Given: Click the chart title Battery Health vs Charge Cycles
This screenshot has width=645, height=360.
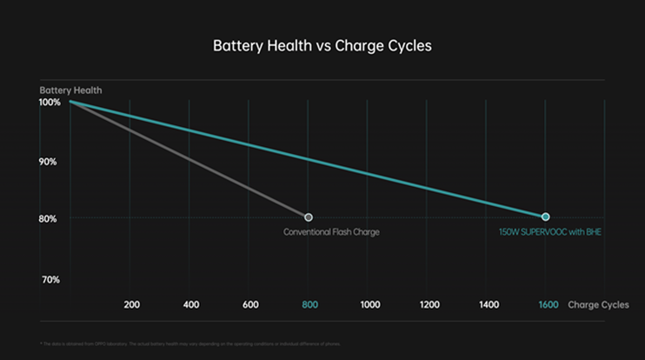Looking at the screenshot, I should [x=322, y=46].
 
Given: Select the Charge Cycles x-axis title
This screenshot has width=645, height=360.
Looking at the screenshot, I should [x=599, y=304].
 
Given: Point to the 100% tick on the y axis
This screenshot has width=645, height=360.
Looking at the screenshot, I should [x=50, y=103].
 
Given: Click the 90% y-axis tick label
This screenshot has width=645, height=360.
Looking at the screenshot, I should [x=49, y=162].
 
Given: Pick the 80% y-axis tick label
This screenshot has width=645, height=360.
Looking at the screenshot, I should [x=49, y=219].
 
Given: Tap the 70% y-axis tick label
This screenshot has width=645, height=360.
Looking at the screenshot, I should [x=49, y=280].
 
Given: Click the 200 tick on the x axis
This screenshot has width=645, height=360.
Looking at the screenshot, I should [x=132, y=304].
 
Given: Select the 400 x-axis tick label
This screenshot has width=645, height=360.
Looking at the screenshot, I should [x=191, y=304].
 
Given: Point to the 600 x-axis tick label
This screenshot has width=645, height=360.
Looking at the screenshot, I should [x=250, y=304].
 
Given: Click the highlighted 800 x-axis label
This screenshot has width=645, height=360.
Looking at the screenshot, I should [x=309, y=304].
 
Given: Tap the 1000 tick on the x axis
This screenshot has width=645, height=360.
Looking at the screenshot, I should [x=369, y=304].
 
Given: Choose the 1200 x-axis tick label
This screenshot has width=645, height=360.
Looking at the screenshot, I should [x=429, y=304].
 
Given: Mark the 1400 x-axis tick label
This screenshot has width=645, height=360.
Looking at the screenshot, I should [x=489, y=304].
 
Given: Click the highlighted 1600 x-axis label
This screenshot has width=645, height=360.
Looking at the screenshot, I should [x=548, y=304].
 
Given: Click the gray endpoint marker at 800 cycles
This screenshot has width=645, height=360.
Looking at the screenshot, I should [x=309, y=217].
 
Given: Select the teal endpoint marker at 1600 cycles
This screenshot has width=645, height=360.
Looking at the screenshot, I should [x=546, y=217].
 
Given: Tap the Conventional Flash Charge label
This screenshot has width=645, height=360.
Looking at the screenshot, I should [x=331, y=232].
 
